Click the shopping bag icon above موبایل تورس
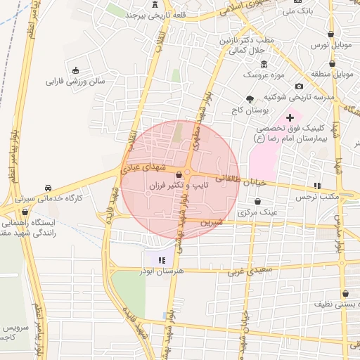tap(331, 34)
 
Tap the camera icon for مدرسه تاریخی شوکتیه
tap(299, 86)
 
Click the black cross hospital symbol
tap(289, 117)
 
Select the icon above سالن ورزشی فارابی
tap(76, 70)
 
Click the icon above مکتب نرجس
tap(317, 186)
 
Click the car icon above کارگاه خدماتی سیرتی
tap(48, 188)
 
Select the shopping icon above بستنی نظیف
tap(345, 294)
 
